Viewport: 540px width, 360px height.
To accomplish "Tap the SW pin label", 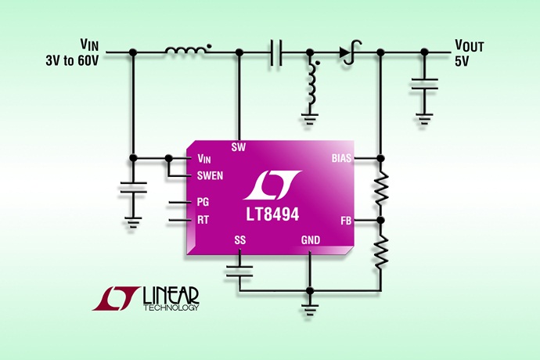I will tap(239, 146).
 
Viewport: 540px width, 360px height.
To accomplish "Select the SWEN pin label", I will tap(211, 175).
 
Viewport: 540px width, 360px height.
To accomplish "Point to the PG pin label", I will tap(203, 201).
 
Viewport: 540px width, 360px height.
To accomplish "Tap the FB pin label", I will tap(346, 221).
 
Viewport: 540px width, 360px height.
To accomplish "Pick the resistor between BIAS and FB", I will tap(381, 188).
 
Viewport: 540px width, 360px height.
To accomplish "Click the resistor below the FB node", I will tap(381, 250).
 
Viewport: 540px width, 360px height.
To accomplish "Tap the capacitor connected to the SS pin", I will tap(239, 271).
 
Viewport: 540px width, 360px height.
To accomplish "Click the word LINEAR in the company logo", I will tap(171, 294).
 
